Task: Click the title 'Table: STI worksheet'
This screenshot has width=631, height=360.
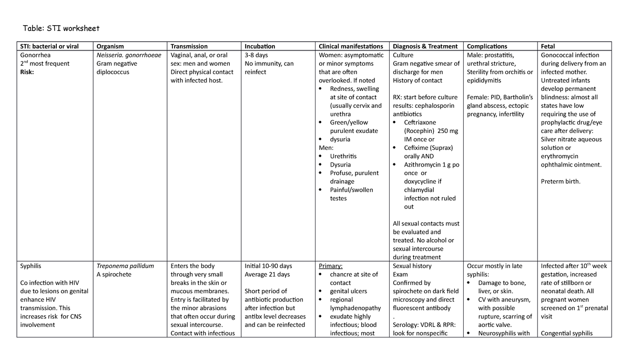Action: (x=60, y=28)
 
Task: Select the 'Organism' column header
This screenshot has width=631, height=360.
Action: (x=111, y=46)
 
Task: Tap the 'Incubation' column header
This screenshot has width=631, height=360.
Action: (x=260, y=46)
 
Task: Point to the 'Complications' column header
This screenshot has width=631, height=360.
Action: (x=487, y=46)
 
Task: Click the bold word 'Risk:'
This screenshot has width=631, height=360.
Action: (x=27, y=72)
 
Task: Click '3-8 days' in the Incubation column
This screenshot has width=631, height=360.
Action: (x=257, y=55)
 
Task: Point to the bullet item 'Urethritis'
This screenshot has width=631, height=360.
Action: (x=343, y=156)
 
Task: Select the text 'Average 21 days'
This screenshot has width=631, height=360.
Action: (x=267, y=274)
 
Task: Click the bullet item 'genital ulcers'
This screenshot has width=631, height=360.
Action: (x=348, y=291)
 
